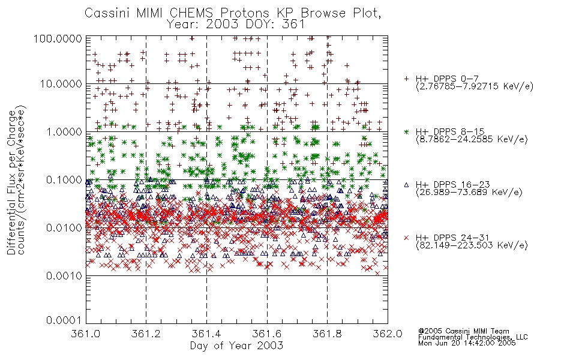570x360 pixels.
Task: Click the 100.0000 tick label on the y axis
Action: [x=58, y=38]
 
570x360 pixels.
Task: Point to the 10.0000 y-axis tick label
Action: [x=61, y=84]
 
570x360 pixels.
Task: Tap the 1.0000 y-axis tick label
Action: [x=64, y=131]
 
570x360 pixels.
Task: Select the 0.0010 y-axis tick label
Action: [x=64, y=276]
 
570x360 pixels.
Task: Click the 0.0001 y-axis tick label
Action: [x=64, y=320]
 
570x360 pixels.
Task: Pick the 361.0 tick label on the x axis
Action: [x=86, y=334]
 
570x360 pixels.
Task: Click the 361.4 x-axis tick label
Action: [x=207, y=334]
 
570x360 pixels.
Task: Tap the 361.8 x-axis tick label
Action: [x=327, y=334]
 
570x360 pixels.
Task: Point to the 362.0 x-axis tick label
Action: [x=388, y=334]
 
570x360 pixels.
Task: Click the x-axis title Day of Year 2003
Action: [x=236, y=346]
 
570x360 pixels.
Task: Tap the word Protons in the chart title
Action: [x=245, y=13]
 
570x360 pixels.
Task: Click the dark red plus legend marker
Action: [x=406, y=79]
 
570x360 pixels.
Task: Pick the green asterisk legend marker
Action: [x=406, y=131]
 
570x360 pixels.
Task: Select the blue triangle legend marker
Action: [x=406, y=185]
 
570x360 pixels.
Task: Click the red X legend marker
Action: [x=406, y=238]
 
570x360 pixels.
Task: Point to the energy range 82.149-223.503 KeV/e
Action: [x=472, y=245]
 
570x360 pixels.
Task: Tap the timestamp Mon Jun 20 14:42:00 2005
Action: [x=467, y=343]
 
